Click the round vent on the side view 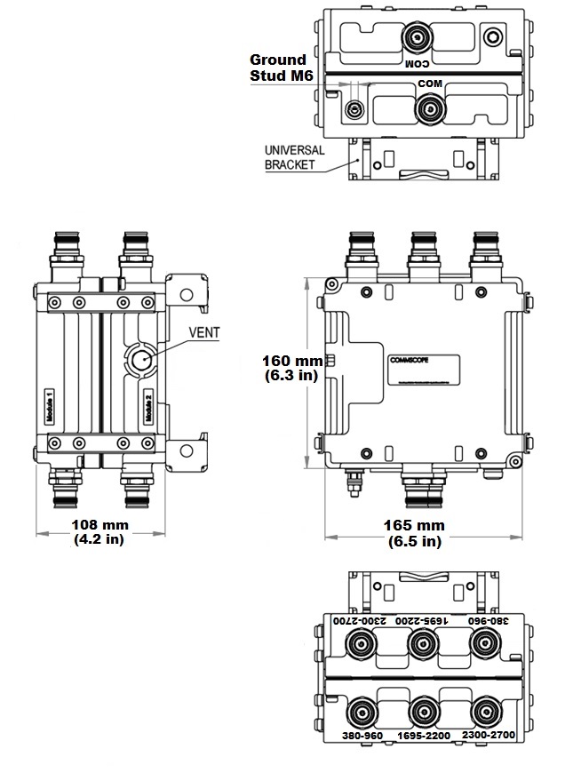click(140, 362)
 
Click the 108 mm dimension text click(98, 530)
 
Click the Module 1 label click(50, 406)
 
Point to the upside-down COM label click(417, 64)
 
